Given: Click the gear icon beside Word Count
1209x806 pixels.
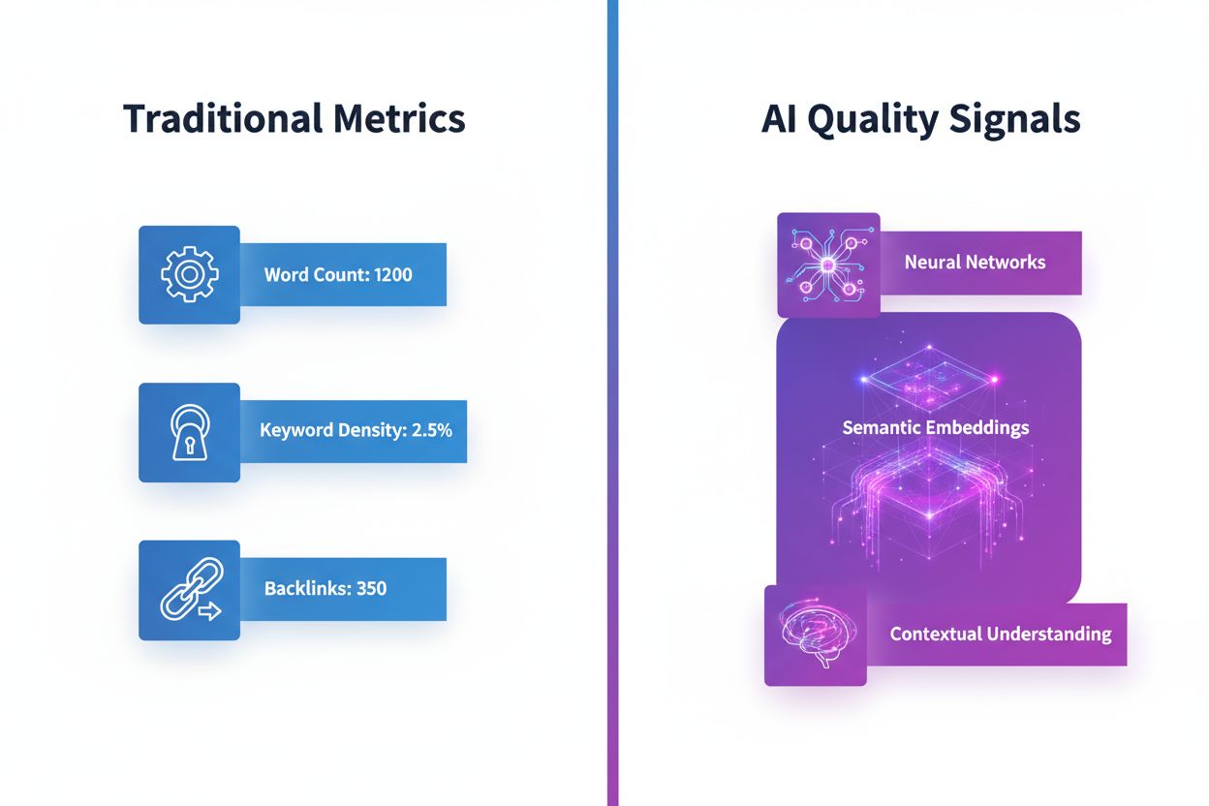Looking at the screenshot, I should click(189, 274).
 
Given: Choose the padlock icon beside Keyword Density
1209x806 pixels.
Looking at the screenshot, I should click(189, 432).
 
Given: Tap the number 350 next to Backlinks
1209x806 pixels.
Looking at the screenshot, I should click(371, 588).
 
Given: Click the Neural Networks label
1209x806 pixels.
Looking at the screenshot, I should click(975, 262).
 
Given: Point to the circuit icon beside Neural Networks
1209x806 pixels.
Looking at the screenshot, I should click(828, 265).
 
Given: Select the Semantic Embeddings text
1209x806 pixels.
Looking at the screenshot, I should click(935, 427).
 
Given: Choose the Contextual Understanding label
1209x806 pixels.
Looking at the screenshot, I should click(1000, 635).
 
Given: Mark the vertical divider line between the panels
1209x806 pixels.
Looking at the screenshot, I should click(611, 403).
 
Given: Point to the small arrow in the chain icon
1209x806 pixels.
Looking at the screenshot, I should click(208, 611).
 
